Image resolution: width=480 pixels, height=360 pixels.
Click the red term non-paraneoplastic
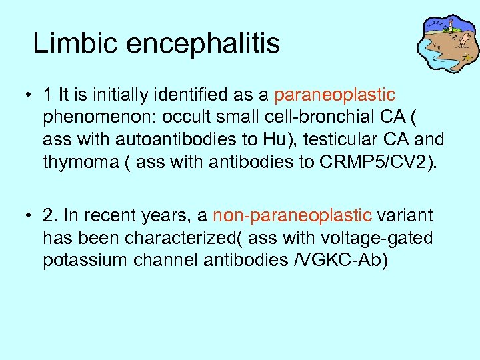[x=292, y=215]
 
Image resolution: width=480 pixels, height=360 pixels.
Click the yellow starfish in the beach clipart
[x=469, y=59]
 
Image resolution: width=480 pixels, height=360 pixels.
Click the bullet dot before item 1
[x=23, y=96]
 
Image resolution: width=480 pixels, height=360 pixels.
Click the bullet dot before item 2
[x=23, y=215]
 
